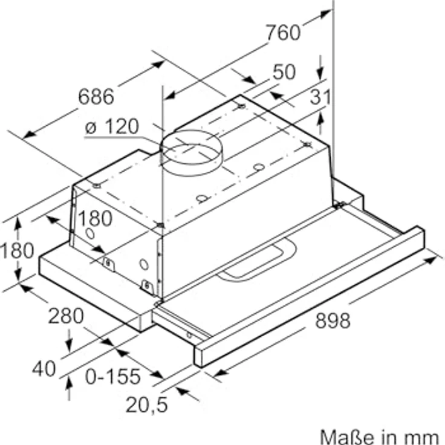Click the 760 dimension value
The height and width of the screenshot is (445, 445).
tap(283, 33)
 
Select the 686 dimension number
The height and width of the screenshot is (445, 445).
tap(96, 97)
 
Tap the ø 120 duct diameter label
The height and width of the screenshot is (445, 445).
tap(112, 126)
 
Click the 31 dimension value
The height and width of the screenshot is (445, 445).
tap(320, 97)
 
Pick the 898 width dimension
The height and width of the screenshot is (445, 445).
tap(333, 320)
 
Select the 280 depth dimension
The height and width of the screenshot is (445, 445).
tap(66, 316)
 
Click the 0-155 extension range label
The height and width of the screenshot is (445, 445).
tap(113, 376)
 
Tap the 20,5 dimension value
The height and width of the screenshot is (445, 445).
tap(147, 404)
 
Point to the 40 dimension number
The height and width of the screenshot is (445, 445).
tap(44, 369)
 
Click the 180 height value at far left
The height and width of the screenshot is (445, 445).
tap(17, 250)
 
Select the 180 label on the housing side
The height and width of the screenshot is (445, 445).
tap(95, 218)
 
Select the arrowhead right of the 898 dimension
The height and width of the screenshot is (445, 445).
tap(430, 259)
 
